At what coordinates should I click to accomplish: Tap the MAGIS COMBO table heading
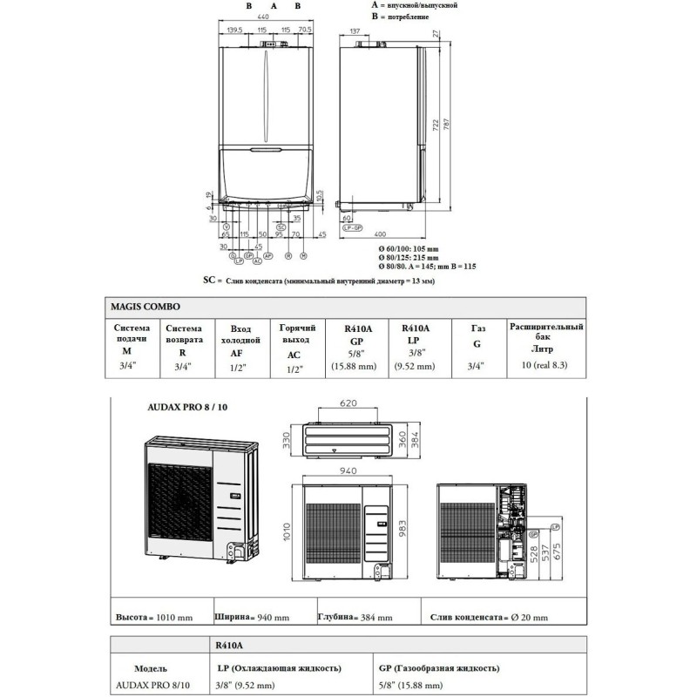(x=144, y=307)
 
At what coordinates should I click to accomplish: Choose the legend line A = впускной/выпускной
(x=413, y=5)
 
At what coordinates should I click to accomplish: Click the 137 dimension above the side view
(x=355, y=31)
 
